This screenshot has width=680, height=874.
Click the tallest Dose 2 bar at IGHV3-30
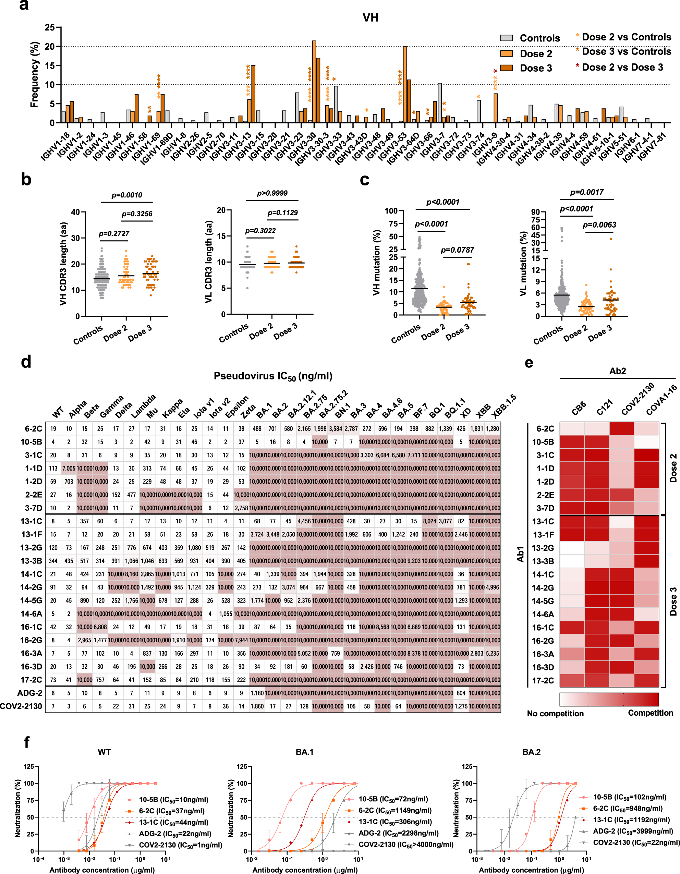coord(314,82)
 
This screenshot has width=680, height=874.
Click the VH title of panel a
coord(370,17)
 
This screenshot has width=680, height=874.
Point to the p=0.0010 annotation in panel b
coord(126,195)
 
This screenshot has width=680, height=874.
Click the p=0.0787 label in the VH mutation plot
coord(457,250)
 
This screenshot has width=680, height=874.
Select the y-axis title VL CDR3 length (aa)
coord(208,262)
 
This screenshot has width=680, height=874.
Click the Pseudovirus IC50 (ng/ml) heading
coord(273,376)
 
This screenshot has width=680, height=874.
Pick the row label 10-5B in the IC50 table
coord(31,442)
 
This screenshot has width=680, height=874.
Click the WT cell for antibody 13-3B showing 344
coord(53,561)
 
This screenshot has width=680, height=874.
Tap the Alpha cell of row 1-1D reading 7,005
coord(69,468)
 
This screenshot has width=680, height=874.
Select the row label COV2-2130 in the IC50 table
coord(21,706)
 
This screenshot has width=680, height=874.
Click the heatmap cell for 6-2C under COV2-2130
coord(622,428)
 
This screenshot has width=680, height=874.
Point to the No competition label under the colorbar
coord(555,714)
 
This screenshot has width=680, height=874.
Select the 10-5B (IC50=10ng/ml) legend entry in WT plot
coord(173,800)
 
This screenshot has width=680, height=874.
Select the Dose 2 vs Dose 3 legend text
coord(622,67)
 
